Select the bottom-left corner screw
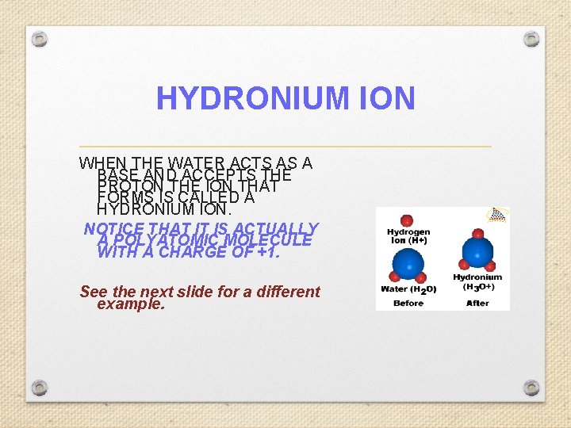coord(40,388)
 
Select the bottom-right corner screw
coord(531,388)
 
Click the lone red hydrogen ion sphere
coord(408,220)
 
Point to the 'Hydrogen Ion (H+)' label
coord(408,235)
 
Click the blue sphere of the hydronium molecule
coord(477,252)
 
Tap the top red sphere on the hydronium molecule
coord(477,234)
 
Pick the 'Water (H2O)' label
coord(408,289)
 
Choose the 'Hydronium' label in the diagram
coord(477,277)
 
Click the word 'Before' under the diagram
coord(408,303)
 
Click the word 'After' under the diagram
coord(477,303)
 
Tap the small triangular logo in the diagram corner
coord(497,213)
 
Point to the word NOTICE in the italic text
coord(111,229)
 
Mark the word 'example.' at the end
coord(131,304)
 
